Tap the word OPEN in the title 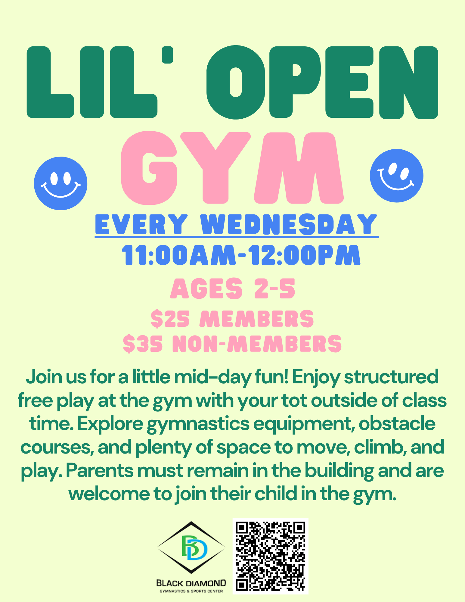(322, 82)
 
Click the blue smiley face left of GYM (60, 183)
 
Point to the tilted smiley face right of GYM (396, 176)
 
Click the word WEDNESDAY (289, 224)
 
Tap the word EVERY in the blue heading (141, 224)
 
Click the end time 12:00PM (304, 255)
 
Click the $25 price (170, 319)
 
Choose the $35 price (143, 344)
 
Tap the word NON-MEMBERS (257, 344)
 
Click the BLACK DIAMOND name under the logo (191, 583)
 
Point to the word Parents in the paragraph (99, 471)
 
